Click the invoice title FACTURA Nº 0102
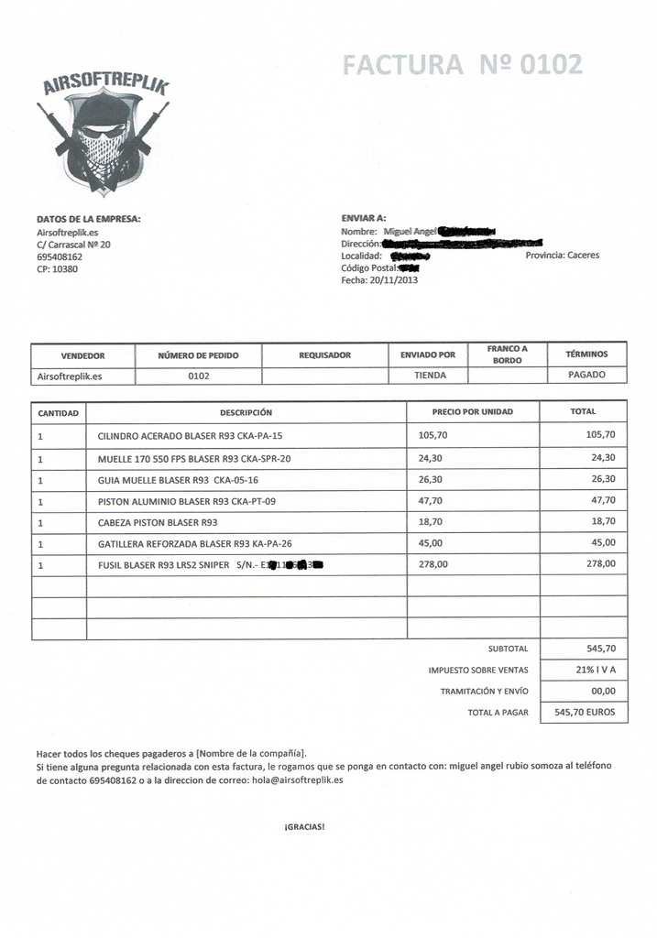[x=462, y=64]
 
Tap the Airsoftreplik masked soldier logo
[x=104, y=133]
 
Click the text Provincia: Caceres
[x=562, y=256]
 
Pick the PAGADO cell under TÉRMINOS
[x=586, y=375]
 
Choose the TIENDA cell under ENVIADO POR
[x=430, y=375]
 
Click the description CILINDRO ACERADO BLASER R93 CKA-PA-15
[x=190, y=435]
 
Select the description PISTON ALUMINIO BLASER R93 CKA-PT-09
[x=186, y=501]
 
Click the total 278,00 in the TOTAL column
[x=600, y=564]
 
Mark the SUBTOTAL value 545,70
[x=600, y=648]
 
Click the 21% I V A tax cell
[x=596, y=670]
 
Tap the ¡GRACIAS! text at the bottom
[x=304, y=826]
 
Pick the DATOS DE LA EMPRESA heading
[x=88, y=219]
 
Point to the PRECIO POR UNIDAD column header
[x=473, y=411]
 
